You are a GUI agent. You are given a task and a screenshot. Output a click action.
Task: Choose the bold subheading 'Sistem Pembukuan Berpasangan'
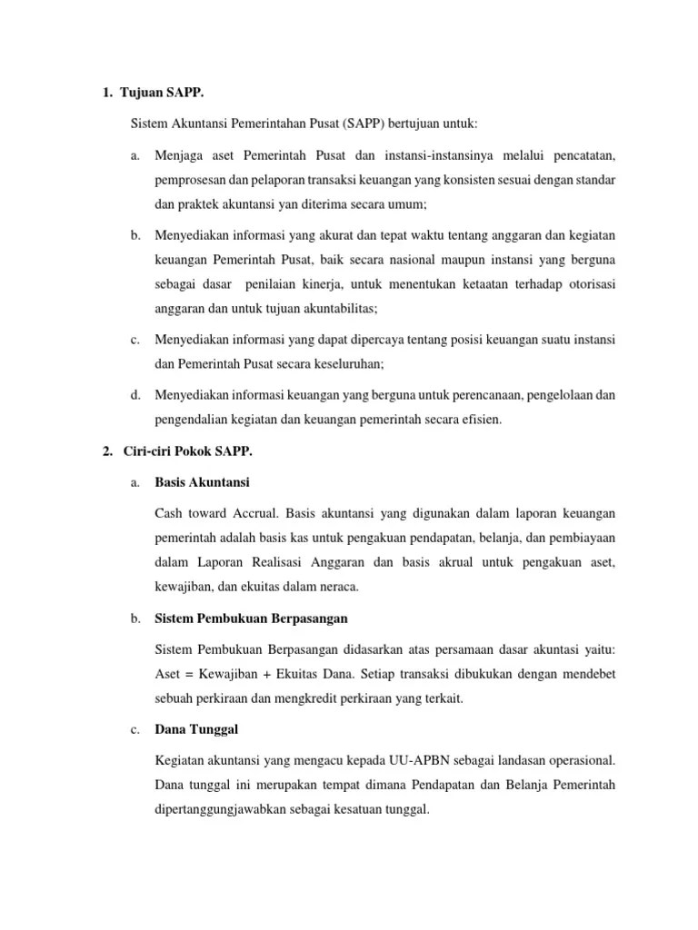(252, 618)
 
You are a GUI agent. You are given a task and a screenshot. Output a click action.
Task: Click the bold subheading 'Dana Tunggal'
(196, 728)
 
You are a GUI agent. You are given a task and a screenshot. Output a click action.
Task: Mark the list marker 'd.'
(135, 394)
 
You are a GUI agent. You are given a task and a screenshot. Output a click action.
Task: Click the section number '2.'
(106, 451)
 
